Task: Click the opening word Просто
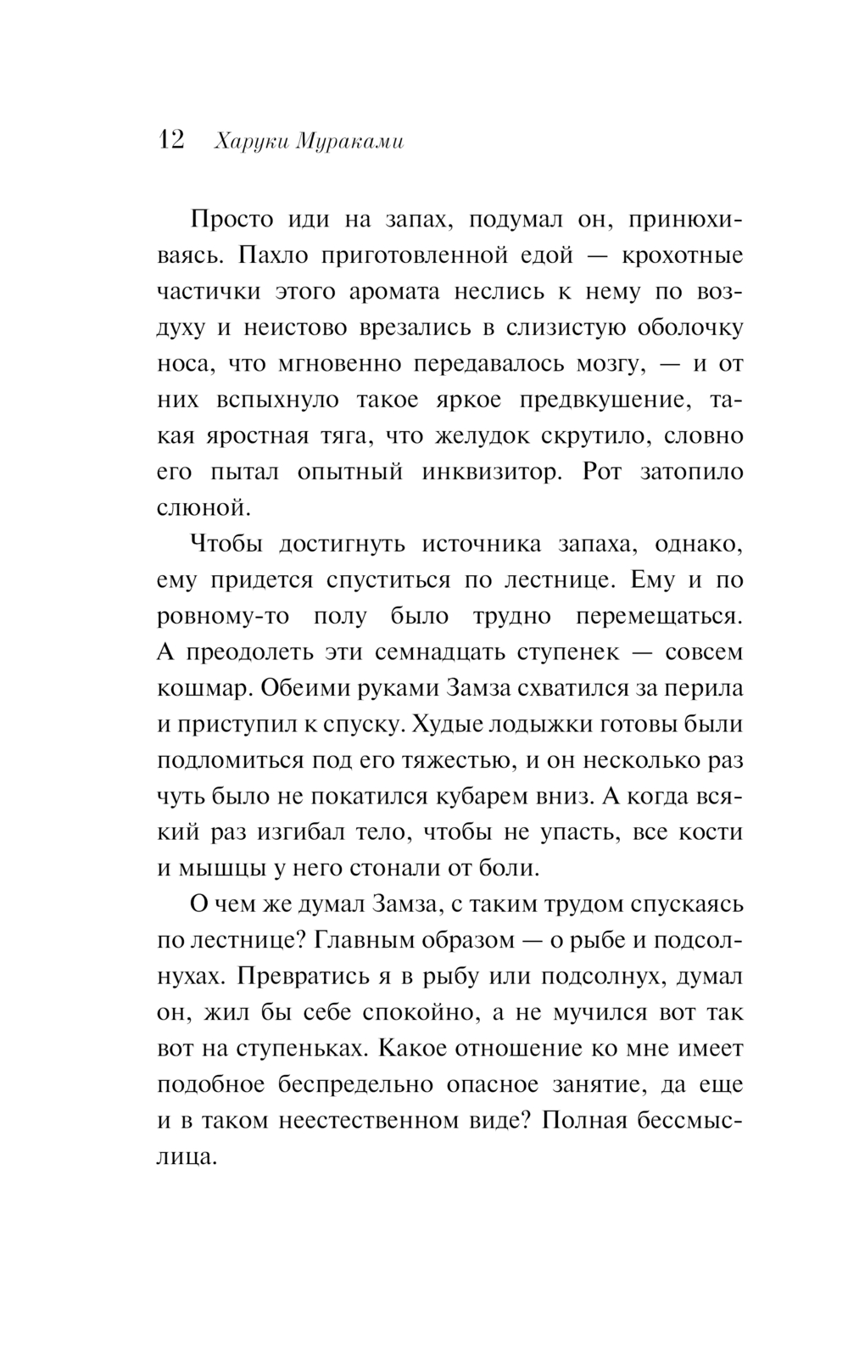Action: tap(232, 220)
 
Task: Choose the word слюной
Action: tap(204, 509)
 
